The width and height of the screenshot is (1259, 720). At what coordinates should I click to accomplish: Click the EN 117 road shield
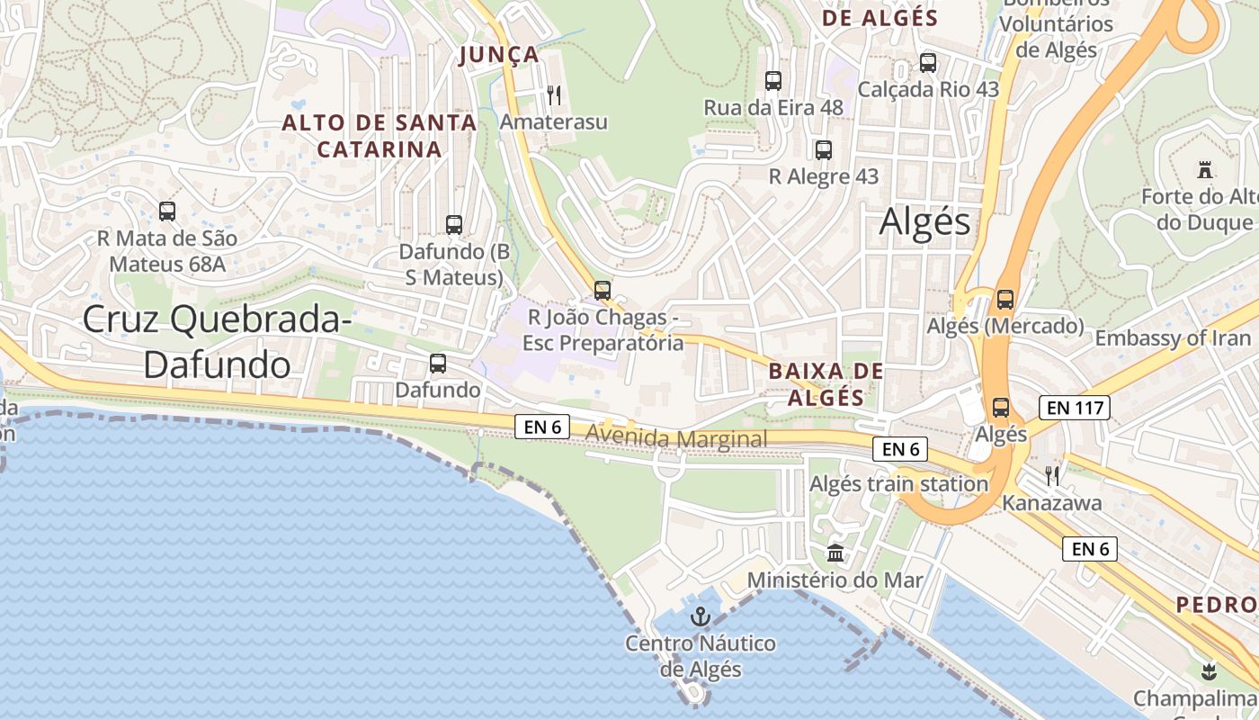tap(1076, 408)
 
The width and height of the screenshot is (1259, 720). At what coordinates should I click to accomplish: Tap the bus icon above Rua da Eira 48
tap(773, 81)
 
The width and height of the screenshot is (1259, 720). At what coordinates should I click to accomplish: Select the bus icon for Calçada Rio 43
tap(928, 63)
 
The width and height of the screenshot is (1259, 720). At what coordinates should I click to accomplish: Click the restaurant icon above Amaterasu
tap(554, 94)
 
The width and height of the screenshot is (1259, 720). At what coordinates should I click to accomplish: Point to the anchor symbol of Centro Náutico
tap(700, 616)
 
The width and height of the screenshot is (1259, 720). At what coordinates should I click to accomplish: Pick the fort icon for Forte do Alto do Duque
tap(1205, 169)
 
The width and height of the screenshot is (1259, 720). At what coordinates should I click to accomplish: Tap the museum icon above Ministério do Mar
tap(835, 553)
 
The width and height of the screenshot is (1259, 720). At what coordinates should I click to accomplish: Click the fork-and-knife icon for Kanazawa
tap(1052, 475)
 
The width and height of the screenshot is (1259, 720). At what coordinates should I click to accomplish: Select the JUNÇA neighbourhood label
tap(499, 55)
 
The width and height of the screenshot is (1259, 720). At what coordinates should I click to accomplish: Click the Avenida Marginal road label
tap(676, 438)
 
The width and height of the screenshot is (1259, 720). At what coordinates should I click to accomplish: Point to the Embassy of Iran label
tap(1173, 338)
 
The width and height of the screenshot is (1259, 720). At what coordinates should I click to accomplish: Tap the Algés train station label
tap(898, 484)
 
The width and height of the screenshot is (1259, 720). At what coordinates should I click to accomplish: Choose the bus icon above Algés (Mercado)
tap(1005, 299)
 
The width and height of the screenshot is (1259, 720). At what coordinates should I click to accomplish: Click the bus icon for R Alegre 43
tap(824, 150)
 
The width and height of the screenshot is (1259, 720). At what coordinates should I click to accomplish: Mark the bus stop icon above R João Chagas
tap(603, 291)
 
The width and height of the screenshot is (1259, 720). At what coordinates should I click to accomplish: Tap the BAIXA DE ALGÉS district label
tap(826, 384)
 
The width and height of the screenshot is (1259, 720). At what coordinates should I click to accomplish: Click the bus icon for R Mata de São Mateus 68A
tap(167, 211)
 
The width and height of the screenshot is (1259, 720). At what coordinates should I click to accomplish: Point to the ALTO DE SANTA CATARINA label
tap(379, 136)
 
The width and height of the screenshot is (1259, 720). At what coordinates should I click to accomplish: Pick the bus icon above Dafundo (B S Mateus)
tap(454, 225)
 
